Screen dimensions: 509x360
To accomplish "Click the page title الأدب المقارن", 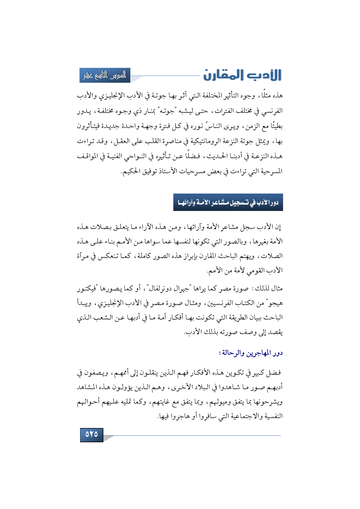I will [242, 75].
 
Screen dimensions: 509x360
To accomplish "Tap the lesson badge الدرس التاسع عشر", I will [105, 75].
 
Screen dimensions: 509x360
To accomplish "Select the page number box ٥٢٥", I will [91, 434].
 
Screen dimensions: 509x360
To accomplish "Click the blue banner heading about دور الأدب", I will [228, 202].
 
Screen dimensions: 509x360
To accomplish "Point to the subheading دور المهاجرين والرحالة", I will [251, 353].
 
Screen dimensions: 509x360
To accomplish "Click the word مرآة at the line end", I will [84, 256].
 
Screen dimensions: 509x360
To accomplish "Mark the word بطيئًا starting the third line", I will [276, 127].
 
